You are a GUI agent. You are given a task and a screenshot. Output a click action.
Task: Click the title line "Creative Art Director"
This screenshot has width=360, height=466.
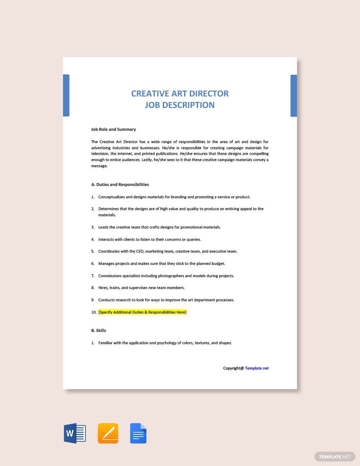coord(180,94)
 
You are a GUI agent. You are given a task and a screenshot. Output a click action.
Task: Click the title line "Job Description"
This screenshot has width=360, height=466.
coord(180,105)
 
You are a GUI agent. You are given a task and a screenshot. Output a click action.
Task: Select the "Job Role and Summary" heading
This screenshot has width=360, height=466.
coord(113,130)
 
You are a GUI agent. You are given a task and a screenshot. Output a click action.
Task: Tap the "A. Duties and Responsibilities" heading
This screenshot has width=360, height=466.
coord(120,185)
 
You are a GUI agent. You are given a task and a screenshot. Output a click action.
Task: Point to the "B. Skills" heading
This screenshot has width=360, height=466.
coord(99,331)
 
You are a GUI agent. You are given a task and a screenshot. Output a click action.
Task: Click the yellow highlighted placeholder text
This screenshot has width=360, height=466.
coord(142,312)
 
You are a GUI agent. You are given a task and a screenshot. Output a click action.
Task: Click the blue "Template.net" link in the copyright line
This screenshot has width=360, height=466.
coord(257,368)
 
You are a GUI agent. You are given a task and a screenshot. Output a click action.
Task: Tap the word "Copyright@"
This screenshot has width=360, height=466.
coord(233,368)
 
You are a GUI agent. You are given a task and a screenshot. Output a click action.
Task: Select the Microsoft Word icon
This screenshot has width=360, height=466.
coord(75,433)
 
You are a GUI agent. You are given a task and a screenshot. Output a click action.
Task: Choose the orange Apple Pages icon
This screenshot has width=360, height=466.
coord(108,433)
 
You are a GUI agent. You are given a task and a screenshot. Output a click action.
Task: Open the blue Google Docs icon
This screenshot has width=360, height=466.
coord(138,433)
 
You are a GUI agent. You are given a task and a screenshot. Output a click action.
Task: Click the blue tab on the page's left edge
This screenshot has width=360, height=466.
coord(66,95)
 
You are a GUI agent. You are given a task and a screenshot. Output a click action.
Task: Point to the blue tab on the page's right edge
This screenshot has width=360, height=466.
coord(294,96)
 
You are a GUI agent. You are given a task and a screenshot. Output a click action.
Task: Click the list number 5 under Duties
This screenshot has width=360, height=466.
coord(93,252)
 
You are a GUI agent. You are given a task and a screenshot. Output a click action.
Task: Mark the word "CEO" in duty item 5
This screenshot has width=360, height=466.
coord(142,252)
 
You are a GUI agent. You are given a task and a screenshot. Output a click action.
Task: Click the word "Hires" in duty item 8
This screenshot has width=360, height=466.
coord(103,288)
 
